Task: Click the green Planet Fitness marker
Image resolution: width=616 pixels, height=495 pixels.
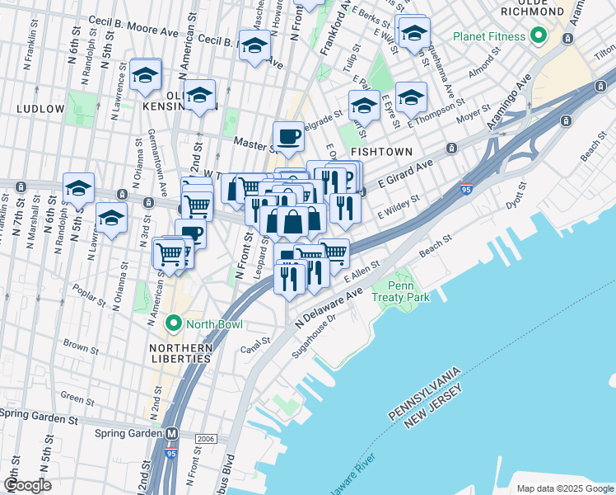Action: tap(539, 36)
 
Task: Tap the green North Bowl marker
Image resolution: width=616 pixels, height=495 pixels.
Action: tap(173, 323)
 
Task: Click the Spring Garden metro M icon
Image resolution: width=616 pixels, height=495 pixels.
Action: tap(172, 434)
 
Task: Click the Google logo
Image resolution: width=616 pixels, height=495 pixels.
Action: tap(27, 484)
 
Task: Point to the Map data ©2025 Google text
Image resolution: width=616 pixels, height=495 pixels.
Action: tap(563, 488)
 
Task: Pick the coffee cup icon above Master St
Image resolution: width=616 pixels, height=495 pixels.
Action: tap(288, 135)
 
